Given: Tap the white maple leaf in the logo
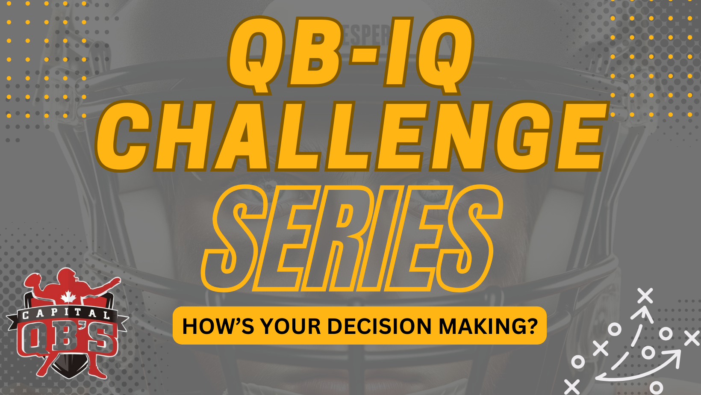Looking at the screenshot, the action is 68,297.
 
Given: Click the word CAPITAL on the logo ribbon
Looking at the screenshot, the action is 66,314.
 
